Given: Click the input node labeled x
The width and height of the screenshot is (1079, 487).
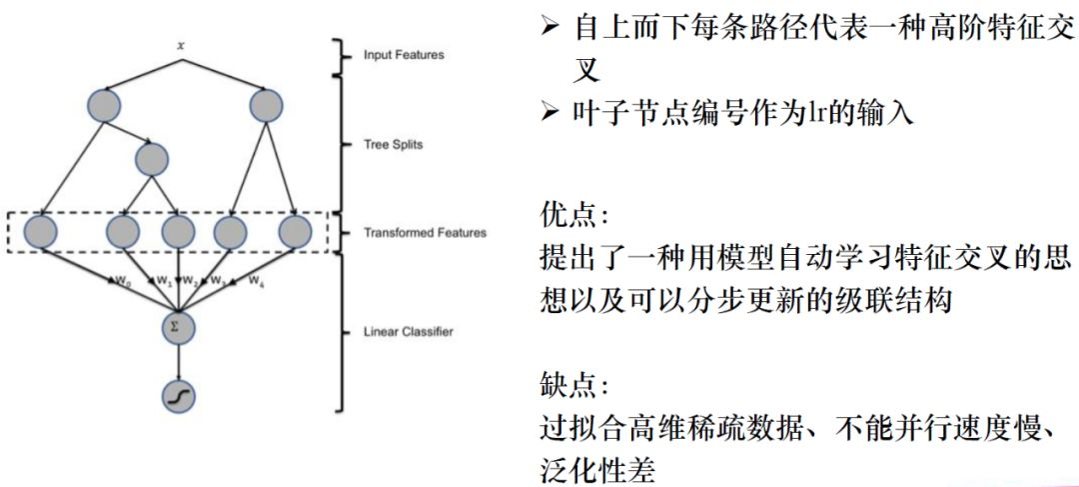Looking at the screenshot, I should coord(181,46).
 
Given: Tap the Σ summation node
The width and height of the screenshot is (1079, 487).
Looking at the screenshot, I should coord(179,325).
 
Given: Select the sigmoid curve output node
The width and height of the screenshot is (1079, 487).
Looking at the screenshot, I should coord(179,397).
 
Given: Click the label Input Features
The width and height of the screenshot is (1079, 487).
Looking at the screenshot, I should coord(404,55).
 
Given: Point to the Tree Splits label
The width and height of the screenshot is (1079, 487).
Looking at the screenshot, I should coord(394,144).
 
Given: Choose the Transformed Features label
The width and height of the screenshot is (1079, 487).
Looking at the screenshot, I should coord(425,233).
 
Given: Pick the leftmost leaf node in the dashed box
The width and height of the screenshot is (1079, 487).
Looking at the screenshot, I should coord(40,232).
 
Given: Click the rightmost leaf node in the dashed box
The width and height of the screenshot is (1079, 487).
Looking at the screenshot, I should coord(297,232).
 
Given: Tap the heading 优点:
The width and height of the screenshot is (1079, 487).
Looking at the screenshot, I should coord(571,215).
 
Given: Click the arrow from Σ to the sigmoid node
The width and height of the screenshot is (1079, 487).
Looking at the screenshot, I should coord(179,359).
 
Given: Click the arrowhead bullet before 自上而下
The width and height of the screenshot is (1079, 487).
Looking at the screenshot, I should coord(550,27).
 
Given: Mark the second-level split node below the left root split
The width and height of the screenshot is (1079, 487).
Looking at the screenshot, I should coord(151,160).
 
